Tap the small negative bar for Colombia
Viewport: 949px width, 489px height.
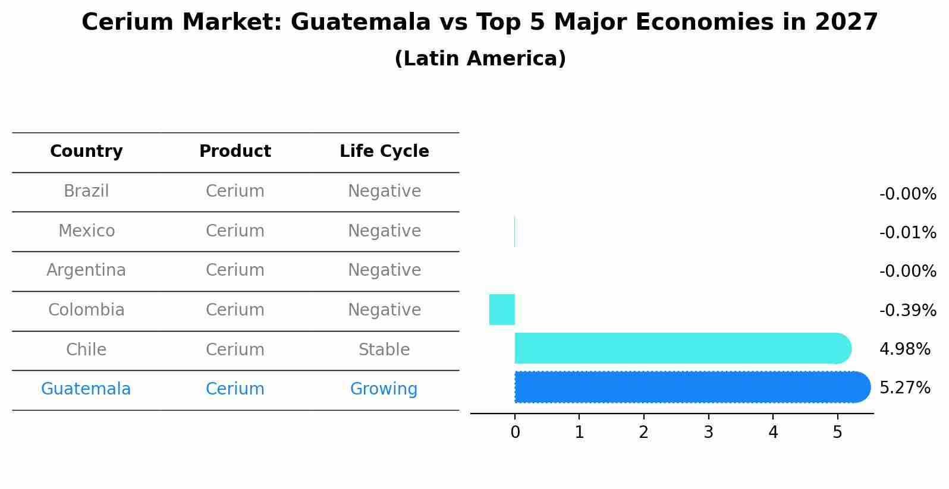pyautogui.click(x=502, y=310)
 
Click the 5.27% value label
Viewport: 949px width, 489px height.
pyautogui.click(x=904, y=388)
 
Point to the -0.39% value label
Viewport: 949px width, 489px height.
pyautogui.click(x=907, y=310)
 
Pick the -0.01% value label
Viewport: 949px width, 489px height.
pyautogui.click(x=907, y=232)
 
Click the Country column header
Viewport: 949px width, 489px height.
pyautogui.click(x=86, y=152)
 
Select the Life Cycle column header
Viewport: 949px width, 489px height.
pyautogui.click(x=384, y=152)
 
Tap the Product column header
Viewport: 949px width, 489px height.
pyautogui.click(x=235, y=152)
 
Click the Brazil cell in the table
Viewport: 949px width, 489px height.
pyautogui.click(x=86, y=191)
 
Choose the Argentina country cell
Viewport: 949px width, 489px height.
pyautogui.click(x=86, y=270)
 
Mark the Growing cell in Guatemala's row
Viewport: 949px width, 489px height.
pyautogui.click(x=384, y=389)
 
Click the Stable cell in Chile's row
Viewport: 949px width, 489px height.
pyautogui.click(x=384, y=350)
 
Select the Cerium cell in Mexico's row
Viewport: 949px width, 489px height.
pyautogui.click(x=235, y=231)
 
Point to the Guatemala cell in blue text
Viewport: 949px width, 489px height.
pyautogui.click(x=86, y=389)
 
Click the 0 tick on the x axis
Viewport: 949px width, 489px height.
pyautogui.click(x=515, y=433)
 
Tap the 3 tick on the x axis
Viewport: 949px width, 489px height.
pyautogui.click(x=708, y=433)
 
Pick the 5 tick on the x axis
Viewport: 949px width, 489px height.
pyautogui.click(x=837, y=433)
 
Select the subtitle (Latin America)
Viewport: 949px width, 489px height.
pyautogui.click(x=480, y=59)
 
